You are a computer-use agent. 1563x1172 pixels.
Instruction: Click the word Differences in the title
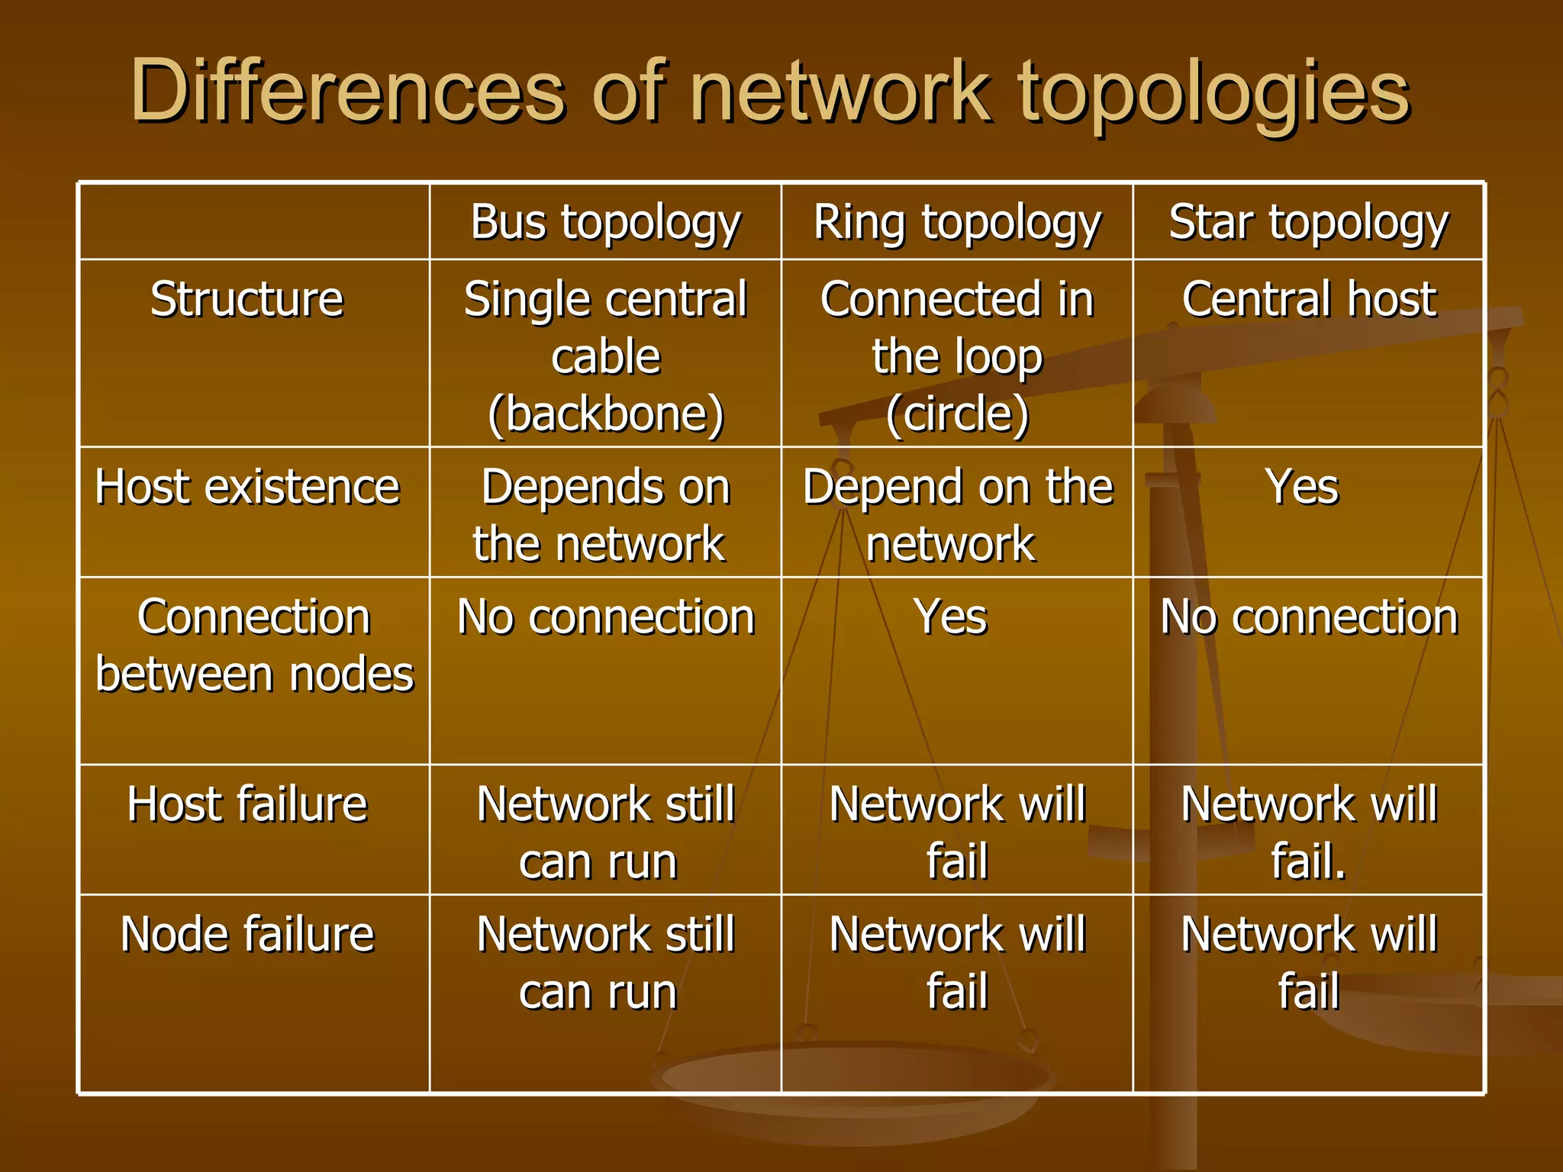tap(347, 92)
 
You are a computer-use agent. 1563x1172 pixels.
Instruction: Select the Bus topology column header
tap(605, 223)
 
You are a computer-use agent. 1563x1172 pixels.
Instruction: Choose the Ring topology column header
tap(957, 223)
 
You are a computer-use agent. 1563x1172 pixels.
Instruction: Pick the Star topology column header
tap(1308, 223)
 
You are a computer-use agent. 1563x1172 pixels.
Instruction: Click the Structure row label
tap(247, 298)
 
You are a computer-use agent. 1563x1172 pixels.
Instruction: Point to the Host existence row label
tap(247, 487)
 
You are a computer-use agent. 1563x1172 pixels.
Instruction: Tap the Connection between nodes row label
tap(254, 646)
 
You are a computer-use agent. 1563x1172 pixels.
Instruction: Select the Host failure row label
tap(247, 804)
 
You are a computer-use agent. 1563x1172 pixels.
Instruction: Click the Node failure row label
tap(247, 934)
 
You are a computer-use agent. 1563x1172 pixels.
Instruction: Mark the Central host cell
tap(1308, 298)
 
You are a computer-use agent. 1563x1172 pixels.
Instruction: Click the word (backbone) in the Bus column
tap(605, 414)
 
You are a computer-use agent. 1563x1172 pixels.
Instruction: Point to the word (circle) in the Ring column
tap(957, 414)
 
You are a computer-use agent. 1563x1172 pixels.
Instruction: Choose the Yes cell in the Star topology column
tap(1302, 487)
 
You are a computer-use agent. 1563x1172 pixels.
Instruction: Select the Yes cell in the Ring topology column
tap(951, 617)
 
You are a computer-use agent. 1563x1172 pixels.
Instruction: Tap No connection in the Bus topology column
tap(605, 617)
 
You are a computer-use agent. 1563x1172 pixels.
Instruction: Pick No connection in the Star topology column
tap(1308, 617)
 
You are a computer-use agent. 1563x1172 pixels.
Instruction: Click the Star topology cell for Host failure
tap(1308, 832)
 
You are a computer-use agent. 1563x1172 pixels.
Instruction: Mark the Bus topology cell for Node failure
tap(605, 963)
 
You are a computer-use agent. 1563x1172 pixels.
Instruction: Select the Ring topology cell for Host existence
tap(957, 515)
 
